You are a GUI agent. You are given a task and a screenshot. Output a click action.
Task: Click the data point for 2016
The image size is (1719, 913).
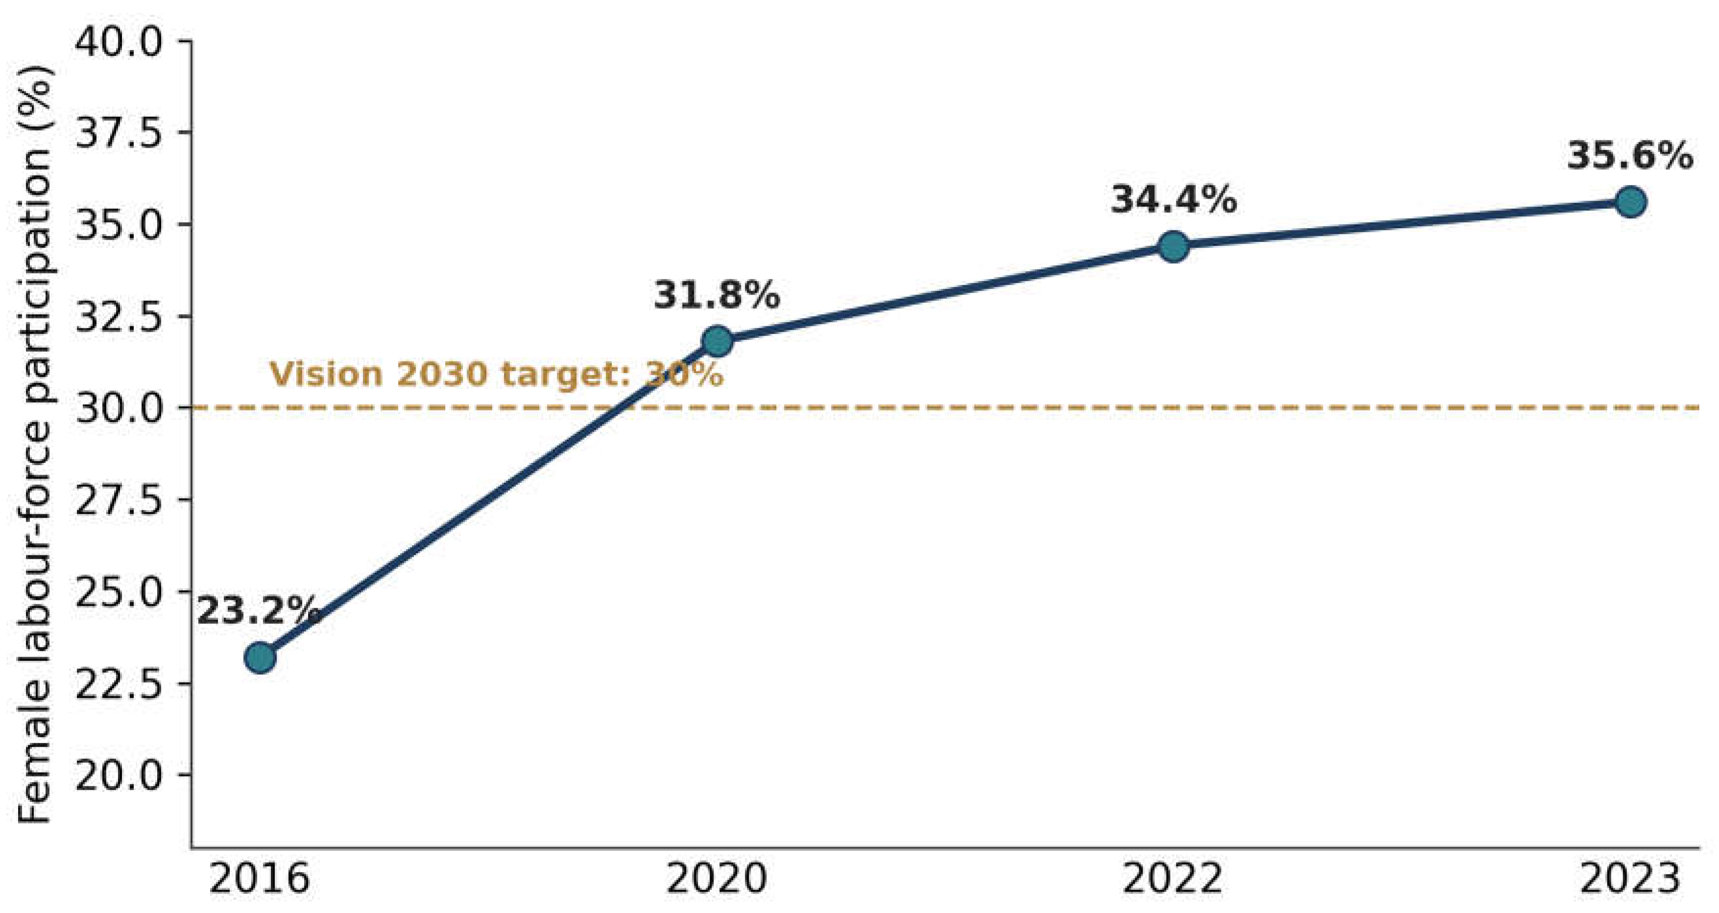260,658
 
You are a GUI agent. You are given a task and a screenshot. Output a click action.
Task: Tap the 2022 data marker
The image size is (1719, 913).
1174,246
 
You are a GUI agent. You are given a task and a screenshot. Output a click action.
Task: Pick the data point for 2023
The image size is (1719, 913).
1630,202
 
